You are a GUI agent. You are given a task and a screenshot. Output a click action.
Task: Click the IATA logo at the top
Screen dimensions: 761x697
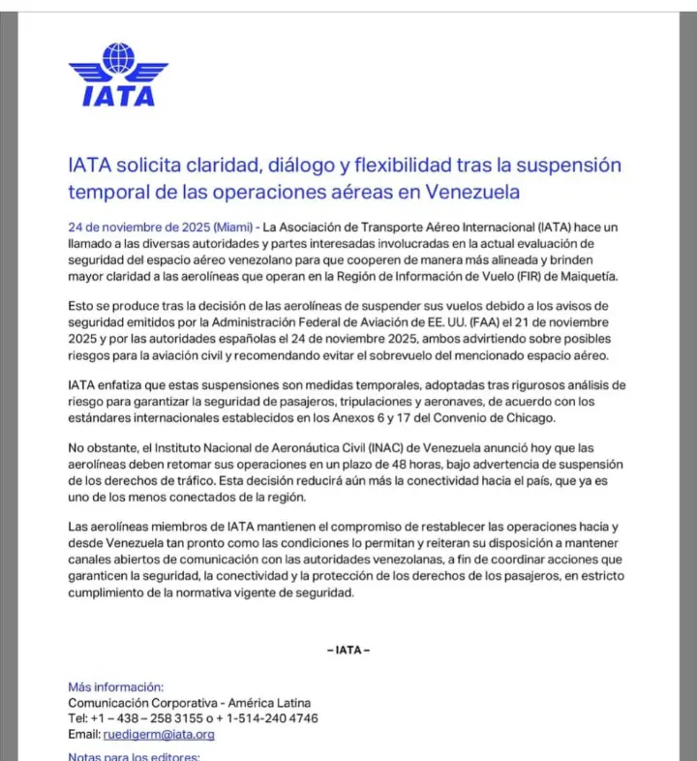tap(118, 75)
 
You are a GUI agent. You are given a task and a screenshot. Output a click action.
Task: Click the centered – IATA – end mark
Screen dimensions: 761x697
tap(348, 650)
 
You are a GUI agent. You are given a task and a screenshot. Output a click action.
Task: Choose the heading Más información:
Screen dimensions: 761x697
tap(115, 686)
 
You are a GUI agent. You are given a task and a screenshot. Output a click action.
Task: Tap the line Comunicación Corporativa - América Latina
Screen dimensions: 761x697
tap(189, 703)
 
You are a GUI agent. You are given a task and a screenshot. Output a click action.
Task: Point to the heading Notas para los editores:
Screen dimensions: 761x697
tap(134, 755)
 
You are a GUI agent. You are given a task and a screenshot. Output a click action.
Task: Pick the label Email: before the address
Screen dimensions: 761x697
tap(85, 734)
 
